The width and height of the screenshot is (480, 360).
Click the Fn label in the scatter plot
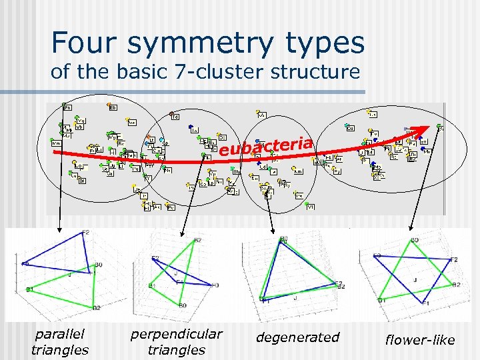point(68,105)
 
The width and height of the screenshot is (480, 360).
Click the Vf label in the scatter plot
point(310,207)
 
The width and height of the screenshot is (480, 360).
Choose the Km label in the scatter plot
point(57,143)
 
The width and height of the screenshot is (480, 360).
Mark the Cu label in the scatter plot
point(351,127)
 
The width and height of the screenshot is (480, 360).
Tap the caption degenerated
point(297,337)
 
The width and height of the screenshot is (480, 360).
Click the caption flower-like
point(420,340)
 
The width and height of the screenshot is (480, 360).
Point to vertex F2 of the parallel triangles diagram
point(85,232)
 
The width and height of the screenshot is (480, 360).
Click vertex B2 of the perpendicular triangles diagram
point(197,239)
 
